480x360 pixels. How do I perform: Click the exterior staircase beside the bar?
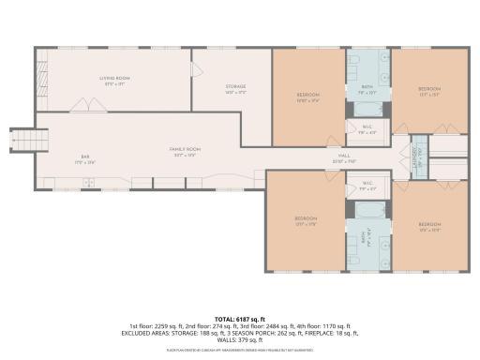pyautogui.click(x=22, y=142)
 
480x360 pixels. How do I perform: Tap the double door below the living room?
pyautogui.click(x=82, y=106)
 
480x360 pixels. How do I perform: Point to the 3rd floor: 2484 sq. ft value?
pyautogui.click(x=268, y=325)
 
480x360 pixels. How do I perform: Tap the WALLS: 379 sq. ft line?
pyautogui.click(x=240, y=340)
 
